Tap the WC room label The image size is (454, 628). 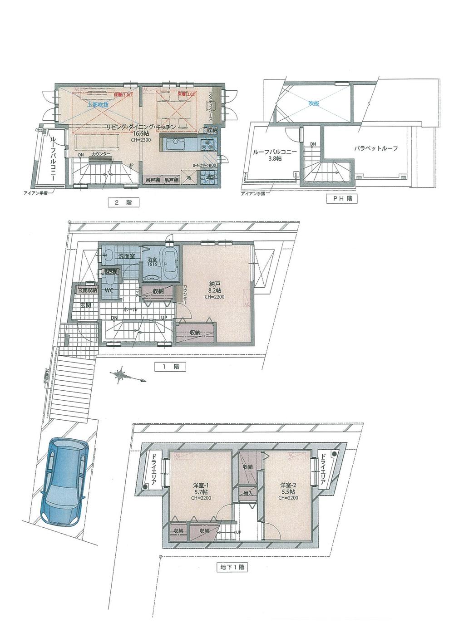[109, 289]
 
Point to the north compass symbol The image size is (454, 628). [121, 375]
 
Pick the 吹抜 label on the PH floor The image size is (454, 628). [314, 103]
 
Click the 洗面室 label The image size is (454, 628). [126, 256]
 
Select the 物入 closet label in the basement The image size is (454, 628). [248, 493]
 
